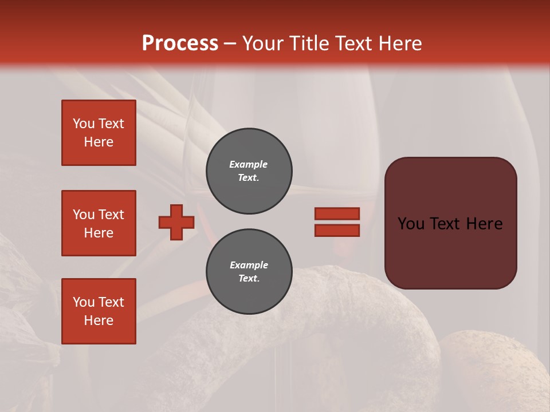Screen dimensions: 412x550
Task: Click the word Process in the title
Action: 180,43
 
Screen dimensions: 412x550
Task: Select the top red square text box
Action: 99,133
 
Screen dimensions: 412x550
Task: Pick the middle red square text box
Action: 99,223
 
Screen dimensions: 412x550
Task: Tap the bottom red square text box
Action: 99,311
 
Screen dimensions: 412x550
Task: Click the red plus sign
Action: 176,222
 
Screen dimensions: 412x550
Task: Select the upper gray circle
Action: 249,171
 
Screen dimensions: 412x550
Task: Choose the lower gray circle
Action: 249,272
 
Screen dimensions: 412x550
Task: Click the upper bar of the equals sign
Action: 337,213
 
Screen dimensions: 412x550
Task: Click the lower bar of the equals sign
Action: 337,231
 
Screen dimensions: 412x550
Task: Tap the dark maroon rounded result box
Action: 451,223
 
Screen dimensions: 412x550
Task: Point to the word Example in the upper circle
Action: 249,164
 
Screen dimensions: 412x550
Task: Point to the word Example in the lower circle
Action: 249,265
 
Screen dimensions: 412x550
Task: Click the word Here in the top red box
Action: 99,142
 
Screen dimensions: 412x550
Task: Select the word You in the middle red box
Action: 83,215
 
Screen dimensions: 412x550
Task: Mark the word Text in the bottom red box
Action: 111,302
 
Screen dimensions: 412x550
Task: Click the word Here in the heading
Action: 399,43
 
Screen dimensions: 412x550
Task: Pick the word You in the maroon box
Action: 411,224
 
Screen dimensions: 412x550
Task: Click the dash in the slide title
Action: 230,43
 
